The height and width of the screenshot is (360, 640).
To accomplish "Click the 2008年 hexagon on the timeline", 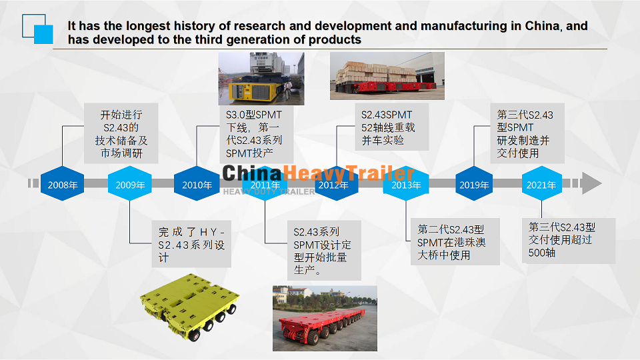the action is pyautogui.click(x=63, y=184).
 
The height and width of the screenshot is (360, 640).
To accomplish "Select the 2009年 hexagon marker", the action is pyautogui.click(x=130, y=184).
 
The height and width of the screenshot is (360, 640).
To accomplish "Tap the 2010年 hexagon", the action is pyautogui.click(x=197, y=184).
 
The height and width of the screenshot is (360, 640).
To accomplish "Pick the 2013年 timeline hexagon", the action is pyautogui.click(x=406, y=184).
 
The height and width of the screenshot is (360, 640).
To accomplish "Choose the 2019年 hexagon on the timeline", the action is pyautogui.click(x=474, y=184).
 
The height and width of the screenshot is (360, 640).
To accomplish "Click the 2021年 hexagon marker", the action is pyautogui.click(x=541, y=184).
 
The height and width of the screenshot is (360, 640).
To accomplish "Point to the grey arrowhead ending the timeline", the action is pyautogui.click(x=591, y=183).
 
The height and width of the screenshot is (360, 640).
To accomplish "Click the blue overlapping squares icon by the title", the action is pyautogui.click(x=37, y=29).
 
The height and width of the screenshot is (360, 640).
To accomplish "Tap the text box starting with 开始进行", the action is pyautogui.click(x=121, y=133).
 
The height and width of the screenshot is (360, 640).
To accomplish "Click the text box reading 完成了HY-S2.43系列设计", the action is pyautogui.click(x=191, y=244).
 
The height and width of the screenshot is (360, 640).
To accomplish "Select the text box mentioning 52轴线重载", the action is pyautogui.click(x=392, y=127).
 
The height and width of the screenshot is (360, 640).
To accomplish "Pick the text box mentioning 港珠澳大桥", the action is pyautogui.click(x=455, y=241).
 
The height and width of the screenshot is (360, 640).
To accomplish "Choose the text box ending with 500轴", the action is pyautogui.click(x=569, y=241).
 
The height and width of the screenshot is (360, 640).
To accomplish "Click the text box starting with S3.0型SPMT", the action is pyautogui.click(x=256, y=133).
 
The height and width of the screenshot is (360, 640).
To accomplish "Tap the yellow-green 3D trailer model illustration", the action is pyautogui.click(x=190, y=307).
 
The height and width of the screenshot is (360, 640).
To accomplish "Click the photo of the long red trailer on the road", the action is pyautogui.click(x=325, y=319).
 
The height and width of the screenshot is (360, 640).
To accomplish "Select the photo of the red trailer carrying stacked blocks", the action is pyautogui.click(x=387, y=76).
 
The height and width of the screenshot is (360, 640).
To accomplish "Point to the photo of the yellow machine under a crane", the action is pyautogui.click(x=261, y=79).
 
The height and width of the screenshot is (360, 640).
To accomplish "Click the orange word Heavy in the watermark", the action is pyautogui.click(x=314, y=173).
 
